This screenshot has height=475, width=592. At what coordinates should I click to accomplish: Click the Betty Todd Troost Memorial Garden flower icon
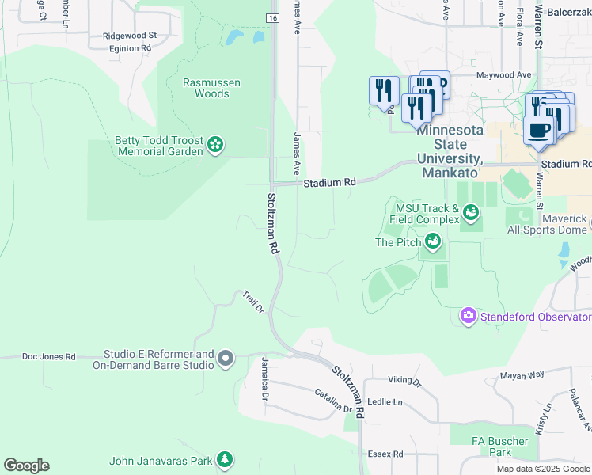point(214,144)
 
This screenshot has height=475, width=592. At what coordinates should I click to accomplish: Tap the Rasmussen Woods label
point(211,88)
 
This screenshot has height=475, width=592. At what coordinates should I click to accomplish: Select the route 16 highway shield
point(272,17)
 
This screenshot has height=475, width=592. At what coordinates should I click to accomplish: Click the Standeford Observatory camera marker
point(468,317)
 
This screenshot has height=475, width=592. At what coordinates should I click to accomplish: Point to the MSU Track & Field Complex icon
point(472,211)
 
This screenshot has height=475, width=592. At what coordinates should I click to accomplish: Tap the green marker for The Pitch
point(433,241)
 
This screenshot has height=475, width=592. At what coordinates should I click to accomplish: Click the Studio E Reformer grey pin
point(226,359)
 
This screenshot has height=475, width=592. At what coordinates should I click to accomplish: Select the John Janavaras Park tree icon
point(225,459)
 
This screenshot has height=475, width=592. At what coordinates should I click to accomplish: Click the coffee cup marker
point(539,131)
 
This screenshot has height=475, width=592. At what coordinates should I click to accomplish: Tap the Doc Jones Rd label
point(48,357)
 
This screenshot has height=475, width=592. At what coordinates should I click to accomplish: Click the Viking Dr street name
point(405,382)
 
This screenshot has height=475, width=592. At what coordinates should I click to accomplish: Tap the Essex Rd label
point(385,454)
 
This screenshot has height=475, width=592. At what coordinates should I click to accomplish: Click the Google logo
point(26,465)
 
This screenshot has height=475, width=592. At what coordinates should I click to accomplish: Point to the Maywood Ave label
point(503,75)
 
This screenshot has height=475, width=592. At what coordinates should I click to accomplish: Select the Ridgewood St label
point(130,36)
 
